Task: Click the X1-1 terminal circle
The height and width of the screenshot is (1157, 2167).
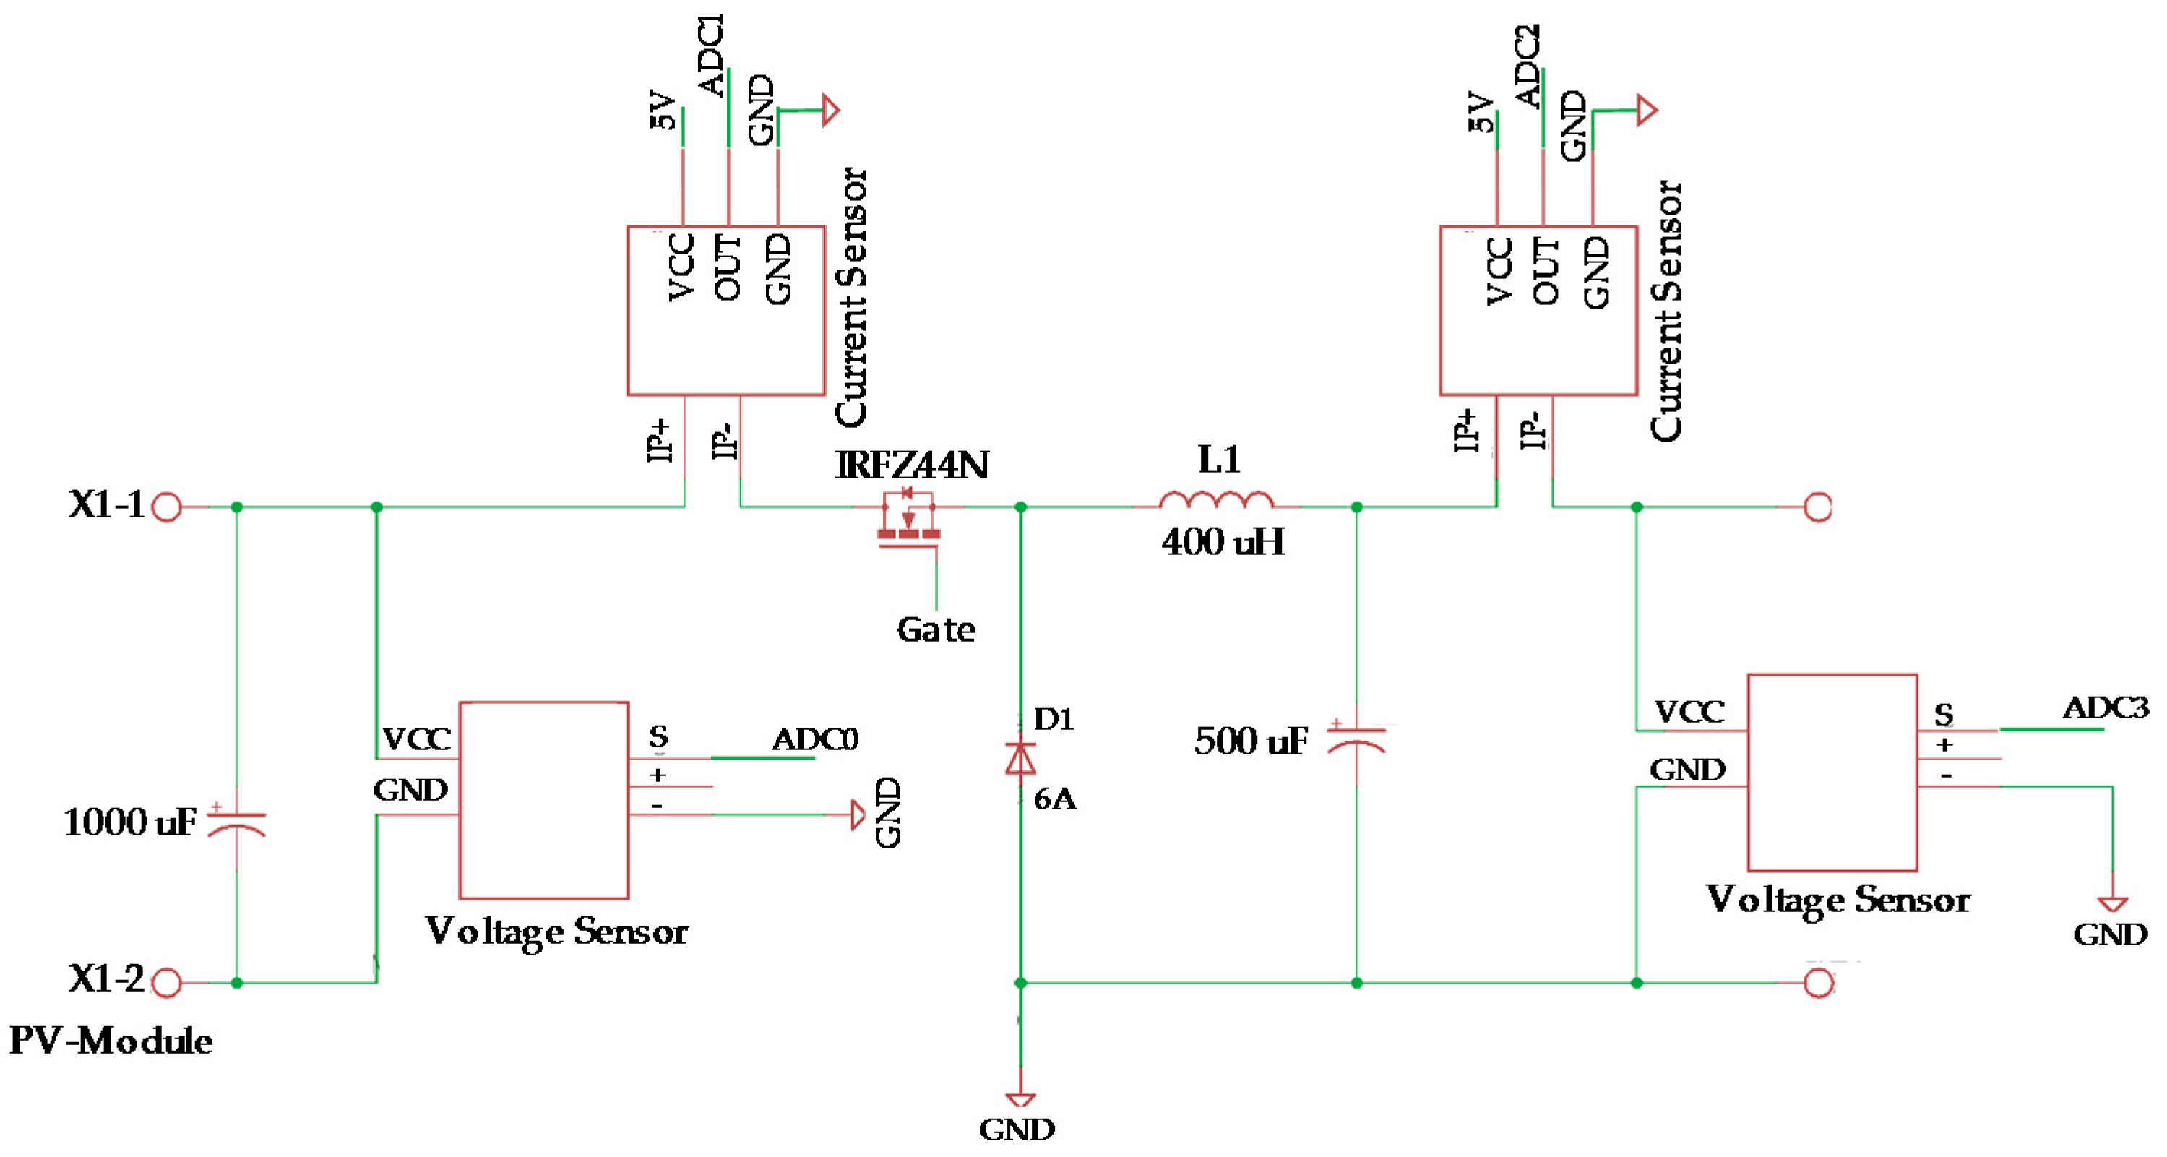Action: [167, 507]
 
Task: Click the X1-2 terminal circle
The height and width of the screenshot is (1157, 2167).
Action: [167, 983]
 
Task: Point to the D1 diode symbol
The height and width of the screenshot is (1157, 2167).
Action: [1020, 758]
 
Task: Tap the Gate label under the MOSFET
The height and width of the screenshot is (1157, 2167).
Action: [936, 629]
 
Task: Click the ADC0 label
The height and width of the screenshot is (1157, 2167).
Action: [814, 739]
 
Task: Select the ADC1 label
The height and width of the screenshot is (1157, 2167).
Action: [712, 55]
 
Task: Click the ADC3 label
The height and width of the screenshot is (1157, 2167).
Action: [2105, 707]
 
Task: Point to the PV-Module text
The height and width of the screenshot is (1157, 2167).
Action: [111, 1041]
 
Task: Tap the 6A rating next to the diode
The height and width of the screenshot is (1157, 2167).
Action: [1054, 799]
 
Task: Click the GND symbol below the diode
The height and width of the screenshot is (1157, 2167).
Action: [1020, 1099]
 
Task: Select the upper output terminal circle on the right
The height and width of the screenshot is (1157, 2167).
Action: [1818, 507]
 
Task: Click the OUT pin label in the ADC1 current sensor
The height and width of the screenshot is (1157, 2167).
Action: [728, 267]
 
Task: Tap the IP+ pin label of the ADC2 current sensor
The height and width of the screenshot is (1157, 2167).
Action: [1466, 431]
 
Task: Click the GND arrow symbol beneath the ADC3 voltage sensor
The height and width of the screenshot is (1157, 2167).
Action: [2112, 905]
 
